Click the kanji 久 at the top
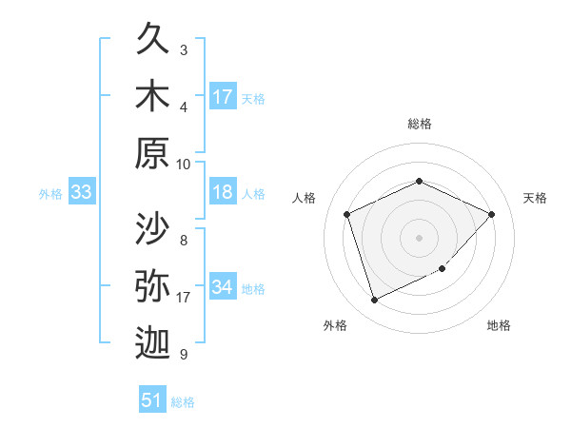[152, 43]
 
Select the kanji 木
[152, 98]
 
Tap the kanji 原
[152, 154]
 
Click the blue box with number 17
[223, 97]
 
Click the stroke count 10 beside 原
[184, 164]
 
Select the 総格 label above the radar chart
[419, 124]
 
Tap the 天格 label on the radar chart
[535, 198]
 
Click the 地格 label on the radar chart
[499, 325]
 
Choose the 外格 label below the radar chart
[335, 325]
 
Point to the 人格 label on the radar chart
[305, 198]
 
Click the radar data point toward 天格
[491, 214]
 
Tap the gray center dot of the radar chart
[419, 237]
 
